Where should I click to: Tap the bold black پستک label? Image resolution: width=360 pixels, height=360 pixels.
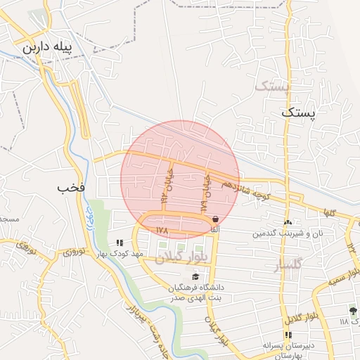(x=300, y=112)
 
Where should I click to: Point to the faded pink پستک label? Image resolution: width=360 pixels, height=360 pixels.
(x=271, y=86)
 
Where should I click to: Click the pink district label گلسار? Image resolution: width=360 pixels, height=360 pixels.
(x=289, y=264)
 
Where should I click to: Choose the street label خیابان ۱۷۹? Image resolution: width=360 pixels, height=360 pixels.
(x=205, y=194)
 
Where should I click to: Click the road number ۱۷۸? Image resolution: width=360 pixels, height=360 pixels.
(x=162, y=230)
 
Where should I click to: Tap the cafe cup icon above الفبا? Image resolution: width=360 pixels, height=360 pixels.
(x=214, y=219)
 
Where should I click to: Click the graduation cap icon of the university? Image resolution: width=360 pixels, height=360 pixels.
(x=195, y=276)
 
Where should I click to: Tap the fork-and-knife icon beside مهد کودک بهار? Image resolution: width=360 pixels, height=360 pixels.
(x=129, y=243)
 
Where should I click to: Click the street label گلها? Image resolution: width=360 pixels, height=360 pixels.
(x=328, y=212)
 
